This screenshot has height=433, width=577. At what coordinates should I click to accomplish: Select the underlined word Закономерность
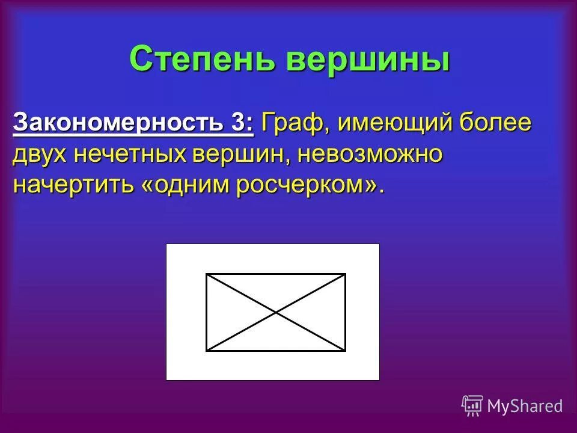tap(120, 123)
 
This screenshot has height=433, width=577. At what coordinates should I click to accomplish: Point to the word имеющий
tap(387, 124)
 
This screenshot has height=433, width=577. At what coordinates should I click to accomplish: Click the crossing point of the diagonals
tap(276, 312)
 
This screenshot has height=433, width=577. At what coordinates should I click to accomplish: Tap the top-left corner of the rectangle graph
tap(207, 274)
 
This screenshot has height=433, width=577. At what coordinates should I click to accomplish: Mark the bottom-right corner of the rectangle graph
tap(345, 350)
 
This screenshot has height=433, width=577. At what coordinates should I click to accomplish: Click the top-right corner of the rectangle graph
tap(345, 274)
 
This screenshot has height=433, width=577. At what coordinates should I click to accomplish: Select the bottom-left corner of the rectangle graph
tap(207, 350)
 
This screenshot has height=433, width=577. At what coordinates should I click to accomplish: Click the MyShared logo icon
tap(472, 405)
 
